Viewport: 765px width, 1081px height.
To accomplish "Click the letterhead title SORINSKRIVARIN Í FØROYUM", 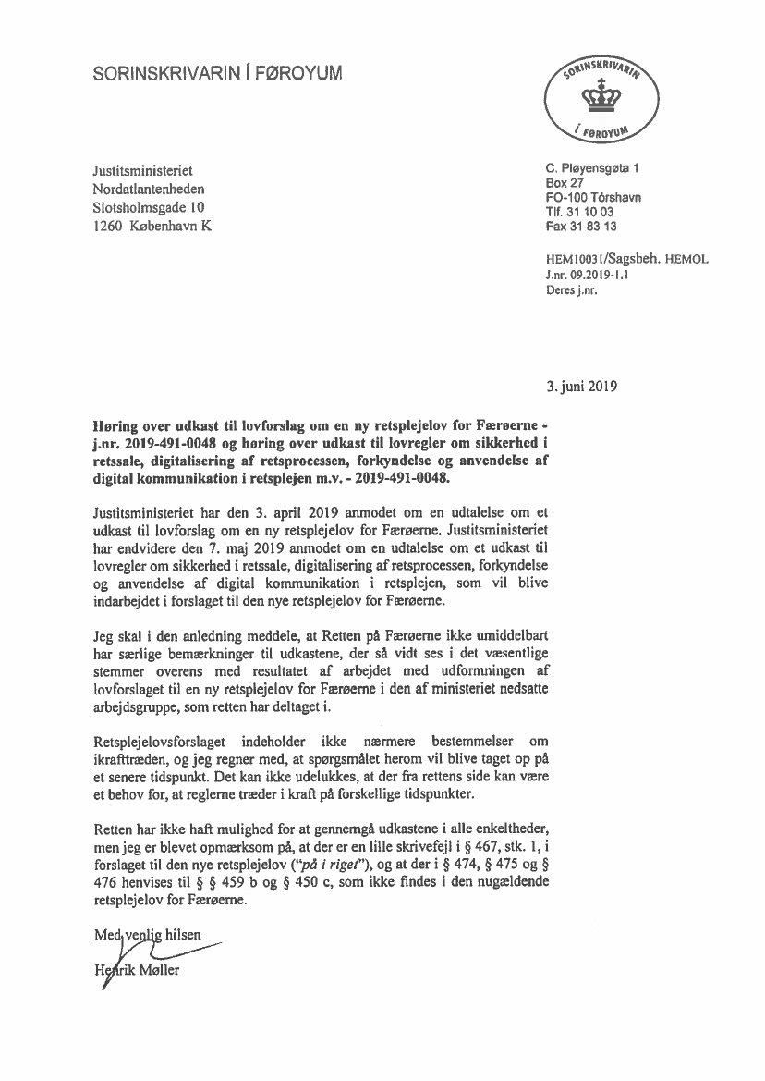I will coord(217,74).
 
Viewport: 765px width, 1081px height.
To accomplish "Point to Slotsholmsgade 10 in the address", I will coord(150,207).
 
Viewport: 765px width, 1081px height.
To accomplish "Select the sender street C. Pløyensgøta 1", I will coord(592,168).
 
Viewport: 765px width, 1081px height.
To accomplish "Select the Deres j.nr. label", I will coord(572,289).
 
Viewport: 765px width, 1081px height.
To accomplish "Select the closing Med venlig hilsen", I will coord(147,935).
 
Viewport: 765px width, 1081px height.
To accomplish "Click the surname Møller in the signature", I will coord(159,970).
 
